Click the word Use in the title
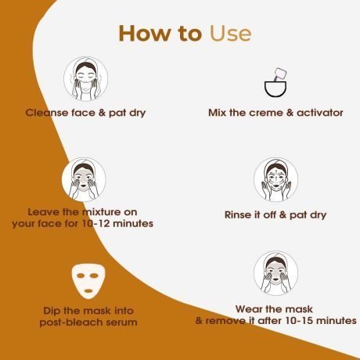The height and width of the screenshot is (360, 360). coord(230,34)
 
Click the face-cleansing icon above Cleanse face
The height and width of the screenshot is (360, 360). coord(86,79)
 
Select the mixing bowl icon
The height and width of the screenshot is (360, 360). coord(275,83)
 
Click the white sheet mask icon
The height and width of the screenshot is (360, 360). coord(88,281)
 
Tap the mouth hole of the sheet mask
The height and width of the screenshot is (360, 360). coord(88,291)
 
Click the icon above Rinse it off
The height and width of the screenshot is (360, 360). coord(275,179)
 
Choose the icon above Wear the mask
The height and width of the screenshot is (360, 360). coord(275,273)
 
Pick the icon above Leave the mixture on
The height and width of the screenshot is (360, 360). coord(84,179)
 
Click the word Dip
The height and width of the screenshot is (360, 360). coord(52,311)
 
